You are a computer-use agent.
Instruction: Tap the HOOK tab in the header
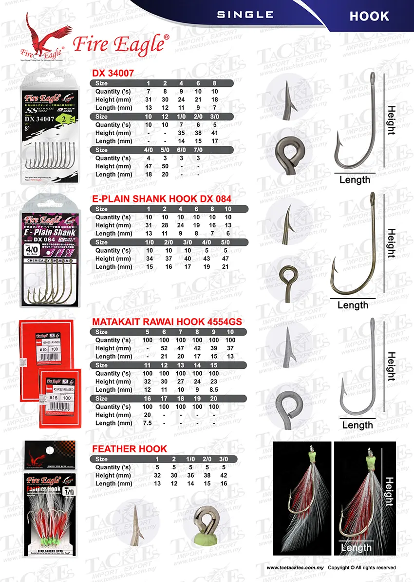[369, 16]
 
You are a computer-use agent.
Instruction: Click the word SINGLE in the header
[245, 15]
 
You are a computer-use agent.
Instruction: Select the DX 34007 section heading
[113, 73]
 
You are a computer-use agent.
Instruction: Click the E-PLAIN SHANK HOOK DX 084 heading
[162, 199]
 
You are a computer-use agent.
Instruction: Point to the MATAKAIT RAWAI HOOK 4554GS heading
[173, 322]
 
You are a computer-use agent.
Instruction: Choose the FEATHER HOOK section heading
[130, 449]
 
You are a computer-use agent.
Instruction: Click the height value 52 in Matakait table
[164, 348]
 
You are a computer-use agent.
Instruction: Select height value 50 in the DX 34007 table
[164, 166]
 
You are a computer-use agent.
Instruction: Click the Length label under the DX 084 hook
[353, 305]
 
